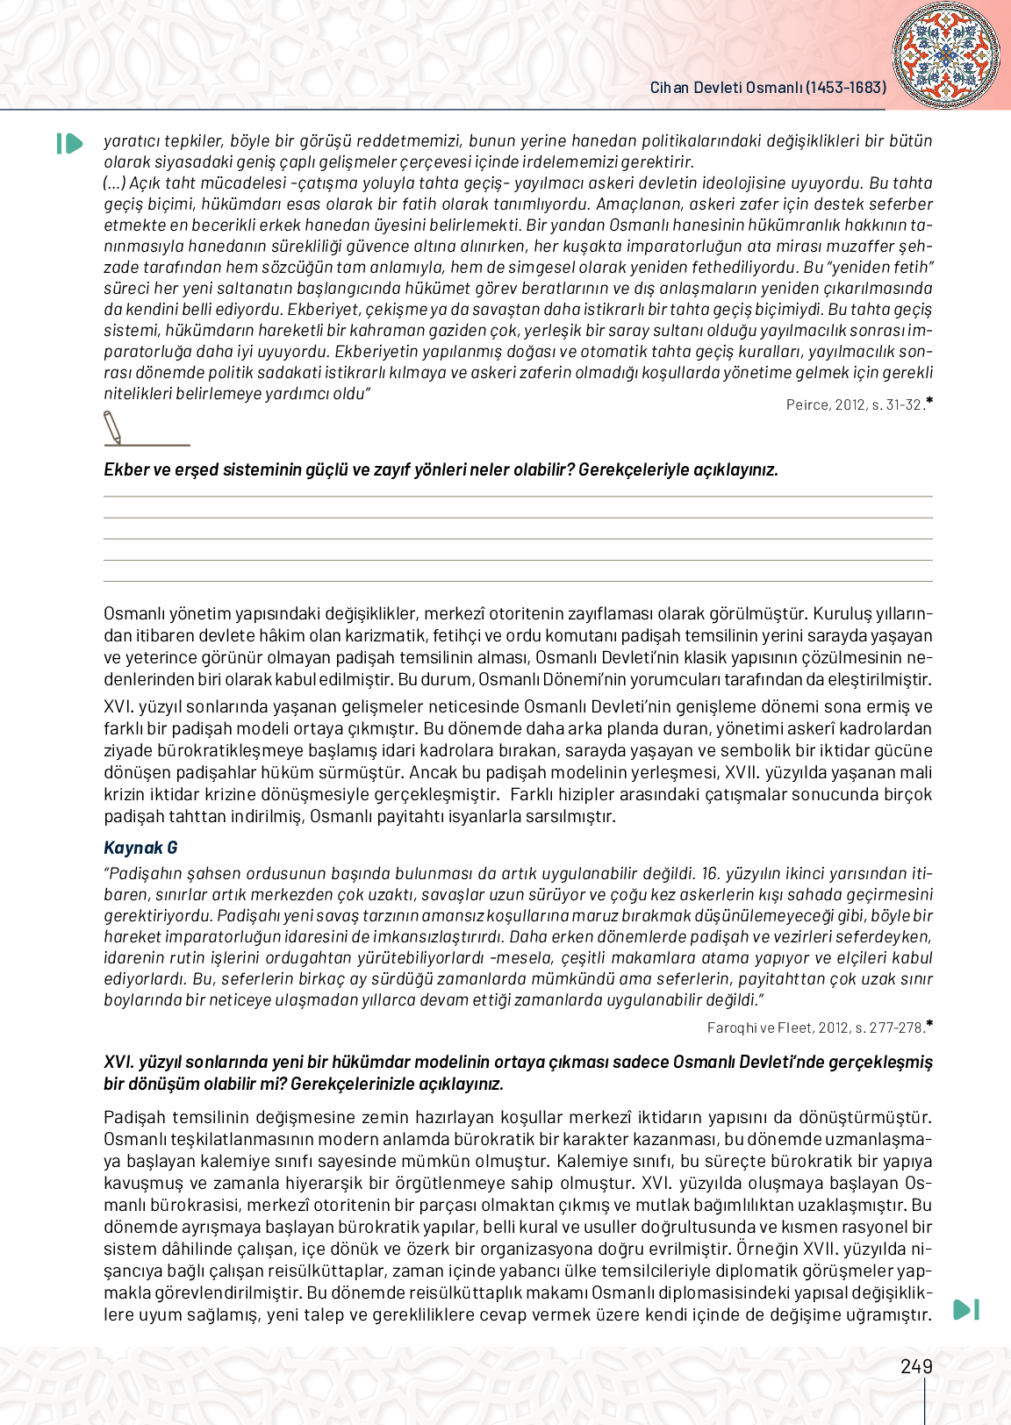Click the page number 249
916,1366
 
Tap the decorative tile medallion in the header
945,54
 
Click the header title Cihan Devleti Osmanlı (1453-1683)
768,88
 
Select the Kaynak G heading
140,848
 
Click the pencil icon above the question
113,428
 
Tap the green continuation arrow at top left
69,143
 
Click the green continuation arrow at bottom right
965,1309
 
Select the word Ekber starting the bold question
126,469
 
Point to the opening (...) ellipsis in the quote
115,183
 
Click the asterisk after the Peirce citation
929,401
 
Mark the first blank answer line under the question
518,498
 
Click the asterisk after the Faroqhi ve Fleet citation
929,1024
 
